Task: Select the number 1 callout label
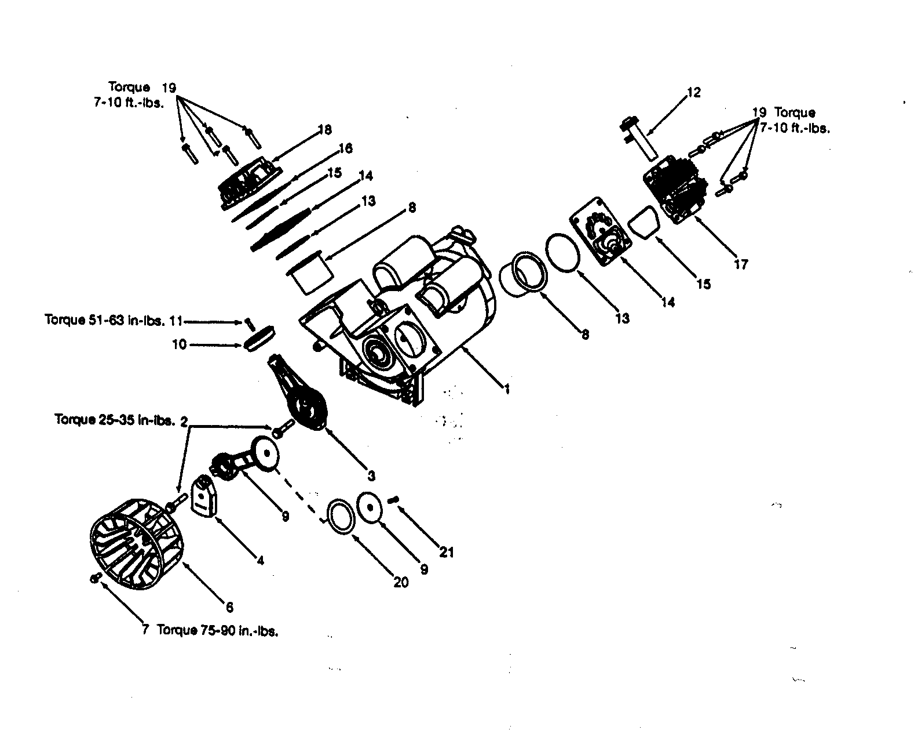pos(506,390)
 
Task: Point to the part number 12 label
pos(693,93)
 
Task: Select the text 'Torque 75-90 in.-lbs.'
pos(218,630)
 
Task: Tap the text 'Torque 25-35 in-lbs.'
pos(114,420)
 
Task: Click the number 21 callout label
pos(446,551)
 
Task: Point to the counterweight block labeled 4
pos(204,496)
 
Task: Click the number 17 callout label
pos(741,264)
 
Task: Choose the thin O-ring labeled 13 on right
pos(563,252)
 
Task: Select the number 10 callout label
pos(180,344)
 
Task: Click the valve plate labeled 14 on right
pos(601,233)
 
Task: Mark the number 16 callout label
pos(345,148)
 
